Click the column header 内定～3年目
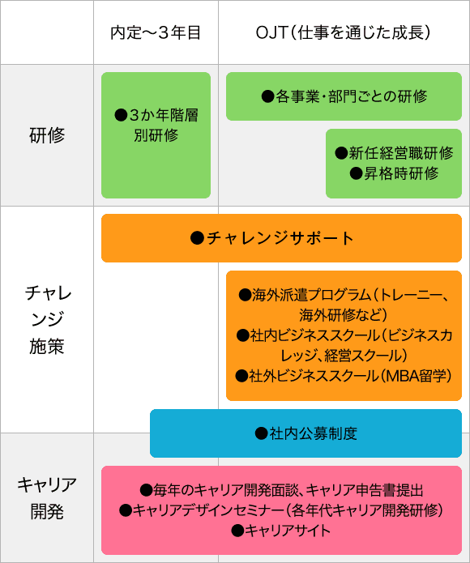coord(156,32)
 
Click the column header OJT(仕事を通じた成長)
coord(343,32)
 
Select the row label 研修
coord(47,135)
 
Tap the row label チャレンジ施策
coord(47,319)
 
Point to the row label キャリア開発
coord(47,498)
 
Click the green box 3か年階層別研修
coord(156,135)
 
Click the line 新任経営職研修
coord(394,153)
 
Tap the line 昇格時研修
coord(394,173)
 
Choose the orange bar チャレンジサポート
coord(281,238)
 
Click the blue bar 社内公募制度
coord(306,433)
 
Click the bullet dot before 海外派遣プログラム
coord(245,295)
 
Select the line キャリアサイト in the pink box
coord(281,531)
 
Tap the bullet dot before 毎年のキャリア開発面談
coord(146,490)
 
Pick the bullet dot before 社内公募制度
coord(262,433)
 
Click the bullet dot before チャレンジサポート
coord(197,238)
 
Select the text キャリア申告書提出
coord(365,490)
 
